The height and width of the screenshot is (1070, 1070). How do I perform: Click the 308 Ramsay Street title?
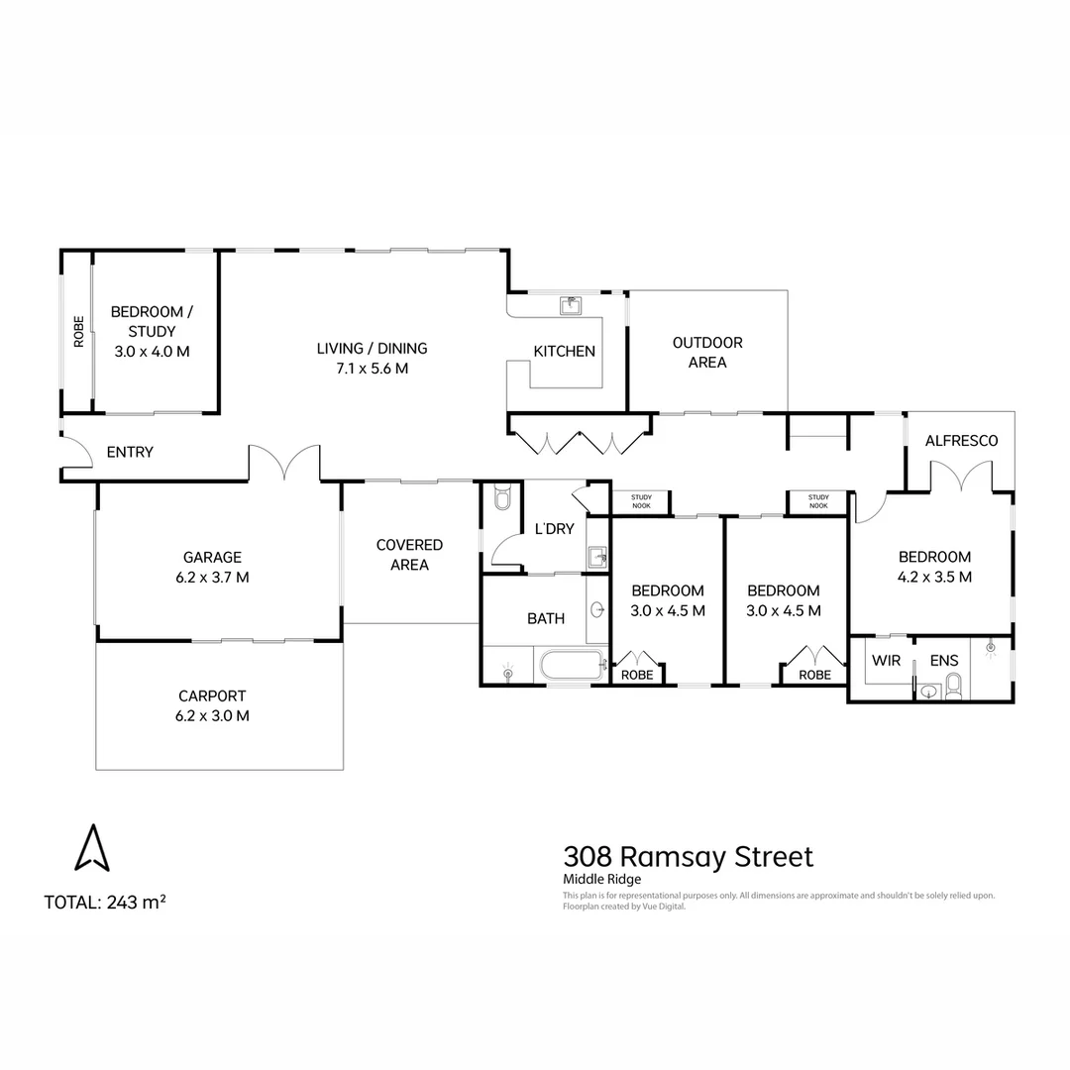tap(688, 856)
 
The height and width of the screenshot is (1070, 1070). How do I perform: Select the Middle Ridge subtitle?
tap(602, 879)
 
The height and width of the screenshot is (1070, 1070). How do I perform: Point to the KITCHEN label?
tap(564, 351)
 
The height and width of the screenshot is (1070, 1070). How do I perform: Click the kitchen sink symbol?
tap(571, 305)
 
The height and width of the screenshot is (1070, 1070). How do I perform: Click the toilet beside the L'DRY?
tap(500, 497)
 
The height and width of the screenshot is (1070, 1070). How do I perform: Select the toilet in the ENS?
tap(953, 685)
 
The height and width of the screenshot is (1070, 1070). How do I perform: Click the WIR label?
tap(885, 660)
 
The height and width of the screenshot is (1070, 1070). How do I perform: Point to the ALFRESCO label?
tap(960, 440)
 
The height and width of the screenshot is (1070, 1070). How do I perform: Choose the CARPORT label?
tap(212, 695)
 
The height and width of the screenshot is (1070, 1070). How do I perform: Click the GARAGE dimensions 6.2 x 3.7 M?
tap(212, 577)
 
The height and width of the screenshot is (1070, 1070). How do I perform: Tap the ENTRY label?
tap(130, 452)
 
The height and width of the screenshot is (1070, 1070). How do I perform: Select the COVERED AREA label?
tap(409, 555)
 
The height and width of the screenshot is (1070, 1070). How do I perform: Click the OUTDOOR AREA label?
tap(707, 352)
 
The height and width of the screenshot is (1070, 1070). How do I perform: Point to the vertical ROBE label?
tap(78, 331)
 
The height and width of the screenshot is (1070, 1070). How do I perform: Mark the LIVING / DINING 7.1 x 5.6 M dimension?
tap(372, 368)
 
